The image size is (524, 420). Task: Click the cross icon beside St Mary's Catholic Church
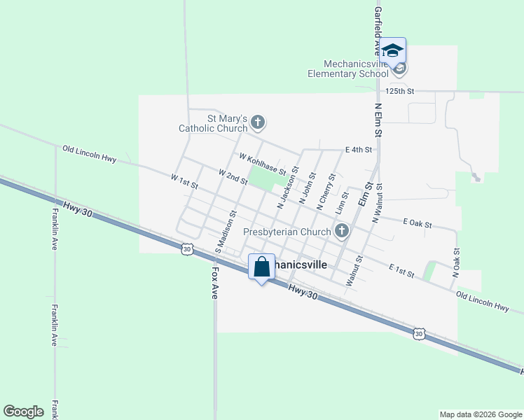point(258,123)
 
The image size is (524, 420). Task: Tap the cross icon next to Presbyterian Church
point(342,231)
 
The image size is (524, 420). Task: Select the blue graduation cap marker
point(393,50)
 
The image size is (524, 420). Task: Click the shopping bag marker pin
point(261,267)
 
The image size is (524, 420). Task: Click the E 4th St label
point(358,149)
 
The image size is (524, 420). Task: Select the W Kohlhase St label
point(262,165)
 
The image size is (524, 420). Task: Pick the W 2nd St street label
point(233,176)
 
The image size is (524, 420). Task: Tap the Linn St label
point(342,203)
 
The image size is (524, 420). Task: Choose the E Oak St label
point(418,223)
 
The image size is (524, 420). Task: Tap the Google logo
point(23,412)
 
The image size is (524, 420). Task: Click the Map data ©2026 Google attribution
point(480,414)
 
